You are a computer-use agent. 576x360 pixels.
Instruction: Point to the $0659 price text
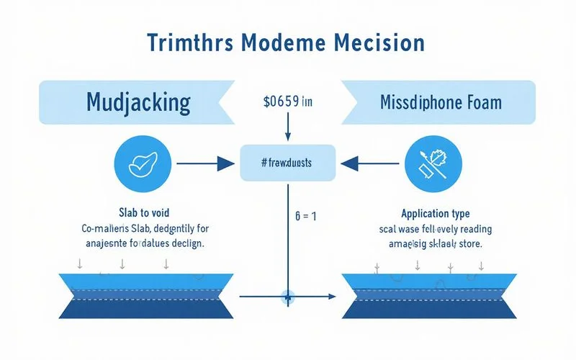(x=288, y=102)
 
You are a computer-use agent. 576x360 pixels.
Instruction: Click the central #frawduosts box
(x=288, y=162)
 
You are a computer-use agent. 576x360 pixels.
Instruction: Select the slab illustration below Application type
(x=430, y=296)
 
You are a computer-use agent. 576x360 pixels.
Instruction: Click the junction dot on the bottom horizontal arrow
(x=288, y=296)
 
